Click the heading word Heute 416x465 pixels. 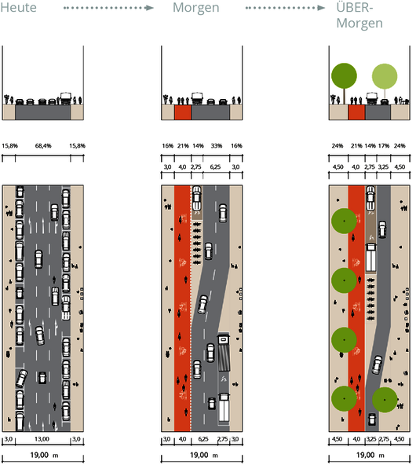[18, 7]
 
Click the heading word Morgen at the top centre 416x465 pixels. [196, 8]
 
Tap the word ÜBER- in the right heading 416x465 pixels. [354, 7]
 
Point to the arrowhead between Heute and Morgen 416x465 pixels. [150, 8]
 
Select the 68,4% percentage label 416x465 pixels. [43, 146]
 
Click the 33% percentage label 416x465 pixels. [217, 146]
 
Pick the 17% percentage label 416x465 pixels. [384, 146]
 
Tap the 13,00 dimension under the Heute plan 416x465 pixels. [42, 439]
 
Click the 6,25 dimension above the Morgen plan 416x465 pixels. [215, 167]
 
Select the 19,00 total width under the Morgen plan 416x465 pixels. [199, 455]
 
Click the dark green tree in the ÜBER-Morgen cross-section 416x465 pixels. [344, 75]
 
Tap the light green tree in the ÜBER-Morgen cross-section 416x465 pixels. [385, 76]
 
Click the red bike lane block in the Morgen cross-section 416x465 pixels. [183, 112]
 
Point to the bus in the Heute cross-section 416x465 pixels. [66, 98]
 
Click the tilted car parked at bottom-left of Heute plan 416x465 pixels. [22, 379]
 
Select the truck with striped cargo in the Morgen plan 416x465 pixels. [224, 353]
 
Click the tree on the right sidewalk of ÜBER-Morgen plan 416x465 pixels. [385, 400]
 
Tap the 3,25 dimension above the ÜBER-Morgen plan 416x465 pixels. [383, 167]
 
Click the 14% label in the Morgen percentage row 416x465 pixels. [198, 146]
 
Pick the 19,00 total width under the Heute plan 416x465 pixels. [39, 455]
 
